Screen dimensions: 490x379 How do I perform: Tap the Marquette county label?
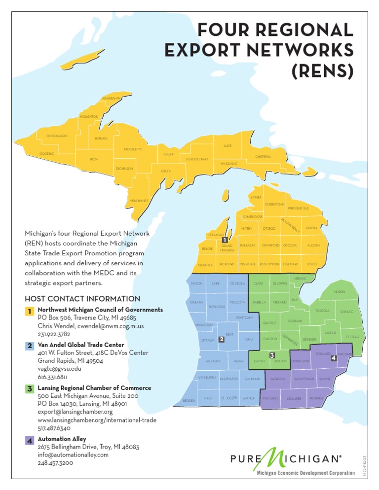tap(133, 149)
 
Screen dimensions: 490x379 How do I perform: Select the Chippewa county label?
tap(263, 157)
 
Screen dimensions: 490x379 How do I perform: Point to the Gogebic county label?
tap(46, 154)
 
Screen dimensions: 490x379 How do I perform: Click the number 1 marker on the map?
tap(225, 240)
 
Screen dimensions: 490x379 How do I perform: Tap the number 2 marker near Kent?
tap(222, 339)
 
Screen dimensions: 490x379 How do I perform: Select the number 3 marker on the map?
tap(272, 355)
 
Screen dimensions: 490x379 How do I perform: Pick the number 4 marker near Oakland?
tap(334, 358)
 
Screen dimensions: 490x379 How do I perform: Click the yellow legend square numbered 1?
tap(30, 311)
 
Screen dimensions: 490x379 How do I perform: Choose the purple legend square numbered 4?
tap(30, 440)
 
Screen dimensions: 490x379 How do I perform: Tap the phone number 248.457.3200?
tap(55, 463)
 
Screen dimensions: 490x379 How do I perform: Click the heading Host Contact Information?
tap(82, 299)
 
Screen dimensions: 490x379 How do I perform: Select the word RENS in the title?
tap(323, 71)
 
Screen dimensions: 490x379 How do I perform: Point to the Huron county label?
tap(340, 292)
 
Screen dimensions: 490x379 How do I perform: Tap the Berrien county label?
tap(189, 401)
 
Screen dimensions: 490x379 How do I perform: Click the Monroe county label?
tap(316, 398)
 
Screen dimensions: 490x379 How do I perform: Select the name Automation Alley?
tap(62, 439)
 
